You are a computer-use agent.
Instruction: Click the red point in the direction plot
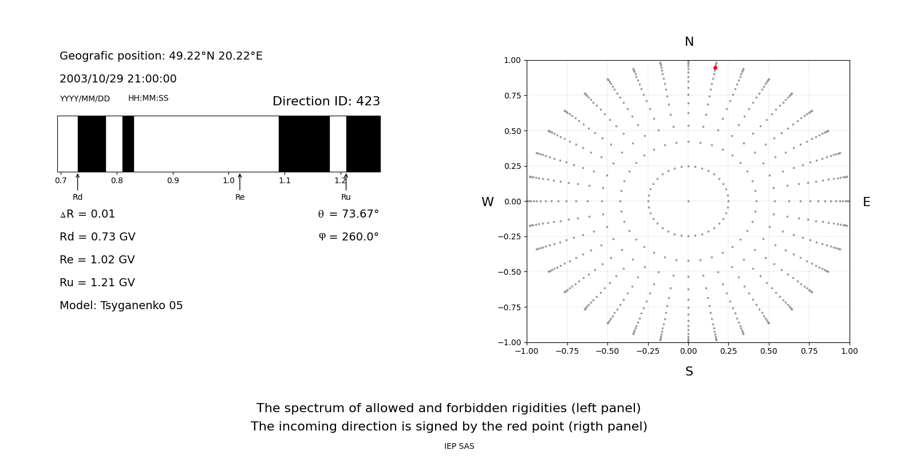click(x=715, y=68)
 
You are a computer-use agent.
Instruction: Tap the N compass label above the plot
click(x=689, y=42)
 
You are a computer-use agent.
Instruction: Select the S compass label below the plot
click(x=689, y=372)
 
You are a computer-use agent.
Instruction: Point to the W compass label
click(x=487, y=202)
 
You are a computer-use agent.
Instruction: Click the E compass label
click(x=866, y=202)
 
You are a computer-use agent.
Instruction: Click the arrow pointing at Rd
click(x=78, y=182)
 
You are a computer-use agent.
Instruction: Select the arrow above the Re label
click(x=240, y=182)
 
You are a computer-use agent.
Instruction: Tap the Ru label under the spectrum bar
click(x=346, y=198)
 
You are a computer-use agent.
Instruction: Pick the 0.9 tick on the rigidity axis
click(x=173, y=180)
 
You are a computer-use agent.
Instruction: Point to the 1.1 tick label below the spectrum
click(x=285, y=180)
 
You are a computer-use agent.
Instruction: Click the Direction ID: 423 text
click(x=326, y=101)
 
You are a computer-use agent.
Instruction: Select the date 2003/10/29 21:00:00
click(x=118, y=79)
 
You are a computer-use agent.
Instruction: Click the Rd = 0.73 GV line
click(x=97, y=237)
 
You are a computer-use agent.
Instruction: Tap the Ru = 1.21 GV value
click(x=97, y=283)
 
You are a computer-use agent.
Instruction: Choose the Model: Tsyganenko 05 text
click(x=121, y=306)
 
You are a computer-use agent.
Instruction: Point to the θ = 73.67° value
click(x=349, y=214)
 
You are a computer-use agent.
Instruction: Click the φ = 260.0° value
click(x=349, y=237)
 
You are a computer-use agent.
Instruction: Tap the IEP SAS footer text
click(x=459, y=446)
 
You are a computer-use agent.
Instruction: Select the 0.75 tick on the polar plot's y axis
click(x=512, y=96)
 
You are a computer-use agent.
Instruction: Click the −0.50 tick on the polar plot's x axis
click(x=607, y=351)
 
